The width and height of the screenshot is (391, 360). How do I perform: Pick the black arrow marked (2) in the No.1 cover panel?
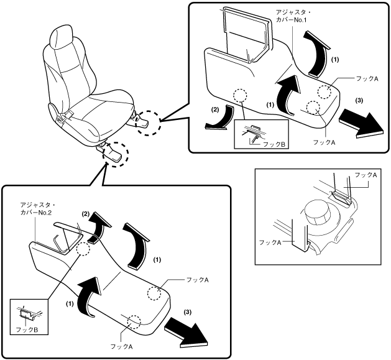pyautogui.click(x=218, y=119)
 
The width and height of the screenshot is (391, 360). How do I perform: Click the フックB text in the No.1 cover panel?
pyautogui.click(x=274, y=144)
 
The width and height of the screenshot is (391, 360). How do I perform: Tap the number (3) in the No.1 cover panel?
pyautogui.click(x=359, y=101)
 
